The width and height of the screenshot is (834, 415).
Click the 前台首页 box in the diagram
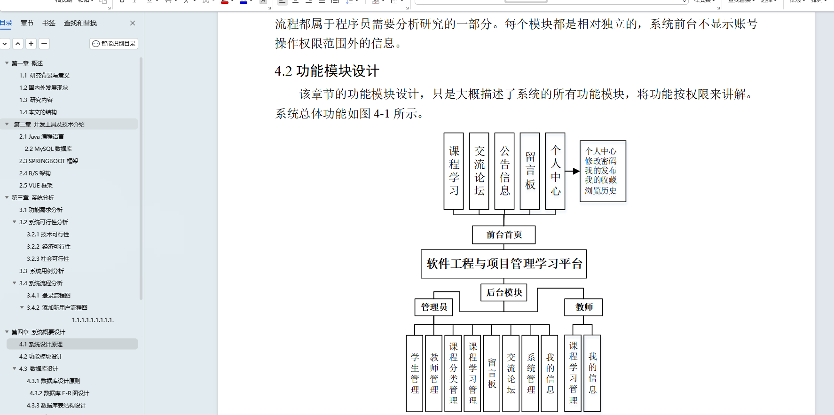(504, 235)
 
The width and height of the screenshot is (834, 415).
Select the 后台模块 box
(504, 292)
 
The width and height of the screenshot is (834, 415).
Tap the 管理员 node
(433, 307)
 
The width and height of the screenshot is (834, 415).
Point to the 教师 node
(583, 307)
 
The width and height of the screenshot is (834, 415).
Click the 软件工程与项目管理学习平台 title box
(504, 264)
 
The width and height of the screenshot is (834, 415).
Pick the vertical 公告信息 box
(504, 171)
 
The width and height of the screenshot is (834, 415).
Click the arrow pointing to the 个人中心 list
(572, 172)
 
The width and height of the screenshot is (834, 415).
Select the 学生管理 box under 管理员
(415, 373)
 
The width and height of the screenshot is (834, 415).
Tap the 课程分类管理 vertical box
(453, 373)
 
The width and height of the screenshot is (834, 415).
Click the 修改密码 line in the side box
(600, 161)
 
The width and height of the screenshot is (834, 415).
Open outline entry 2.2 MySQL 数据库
(48, 149)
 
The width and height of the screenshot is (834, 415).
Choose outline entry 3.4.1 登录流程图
(48, 296)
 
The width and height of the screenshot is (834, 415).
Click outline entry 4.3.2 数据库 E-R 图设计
(59, 393)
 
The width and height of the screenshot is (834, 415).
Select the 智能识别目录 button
(114, 44)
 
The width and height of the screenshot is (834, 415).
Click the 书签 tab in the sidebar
(49, 23)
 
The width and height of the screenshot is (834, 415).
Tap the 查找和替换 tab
(80, 23)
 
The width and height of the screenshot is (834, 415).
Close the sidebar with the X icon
(133, 23)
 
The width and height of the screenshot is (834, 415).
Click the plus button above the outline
(31, 44)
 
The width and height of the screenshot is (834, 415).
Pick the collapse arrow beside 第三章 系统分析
(7, 198)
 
